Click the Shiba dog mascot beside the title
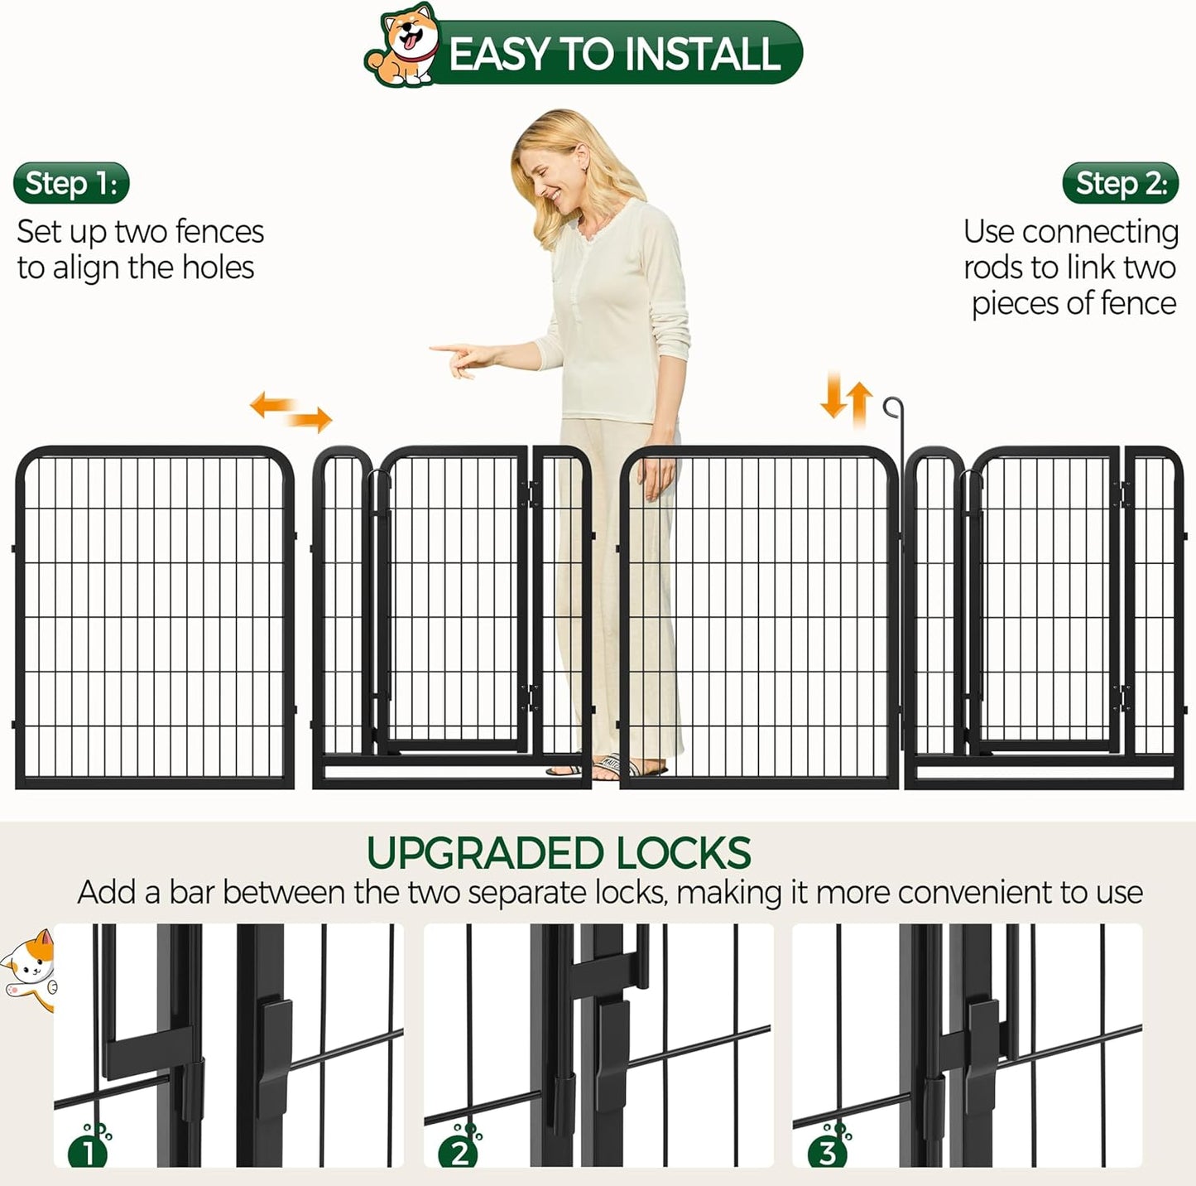(x=403, y=47)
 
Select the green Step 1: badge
(x=71, y=183)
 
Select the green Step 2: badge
(x=1120, y=183)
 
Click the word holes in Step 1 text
(x=218, y=268)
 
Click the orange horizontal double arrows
(x=291, y=412)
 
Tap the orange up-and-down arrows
(x=847, y=398)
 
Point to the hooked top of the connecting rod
(x=891, y=407)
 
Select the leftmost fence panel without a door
(x=155, y=617)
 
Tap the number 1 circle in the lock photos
(x=88, y=1152)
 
